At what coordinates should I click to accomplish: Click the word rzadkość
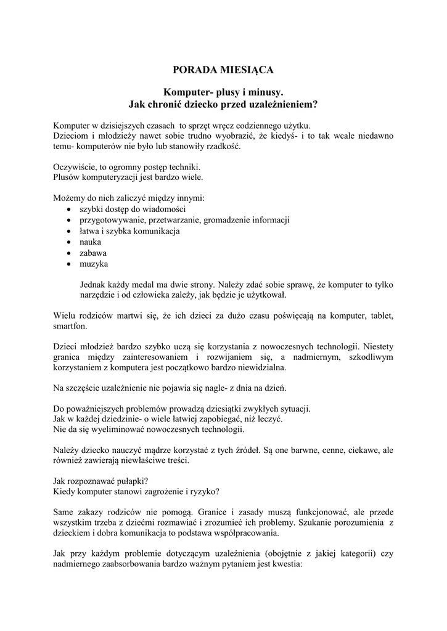click(223, 147)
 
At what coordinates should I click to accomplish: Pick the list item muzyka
click(93, 264)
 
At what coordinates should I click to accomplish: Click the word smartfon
click(70, 326)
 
